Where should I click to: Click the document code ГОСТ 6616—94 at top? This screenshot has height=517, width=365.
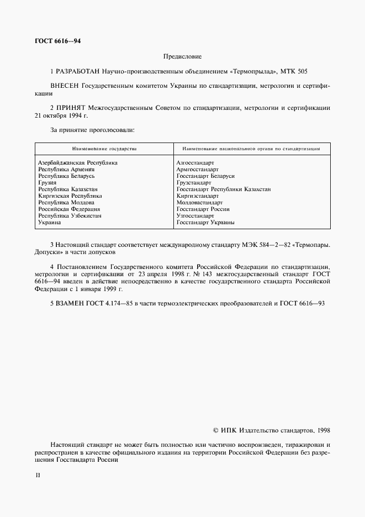click(x=57, y=41)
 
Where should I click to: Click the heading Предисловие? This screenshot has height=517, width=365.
click(x=182, y=56)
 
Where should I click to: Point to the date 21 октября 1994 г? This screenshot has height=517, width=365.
click(x=61, y=117)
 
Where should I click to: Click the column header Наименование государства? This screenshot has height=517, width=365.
click(x=104, y=149)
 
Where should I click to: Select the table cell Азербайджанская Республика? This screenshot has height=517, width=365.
click(x=77, y=163)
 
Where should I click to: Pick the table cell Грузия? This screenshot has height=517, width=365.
click(x=47, y=183)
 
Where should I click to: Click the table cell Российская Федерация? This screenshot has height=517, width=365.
click(x=69, y=209)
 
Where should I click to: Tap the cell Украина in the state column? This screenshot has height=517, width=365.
click(x=50, y=223)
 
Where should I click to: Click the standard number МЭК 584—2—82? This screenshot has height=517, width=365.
click(x=283, y=244)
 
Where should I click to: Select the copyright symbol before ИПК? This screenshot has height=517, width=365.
click(x=216, y=429)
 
